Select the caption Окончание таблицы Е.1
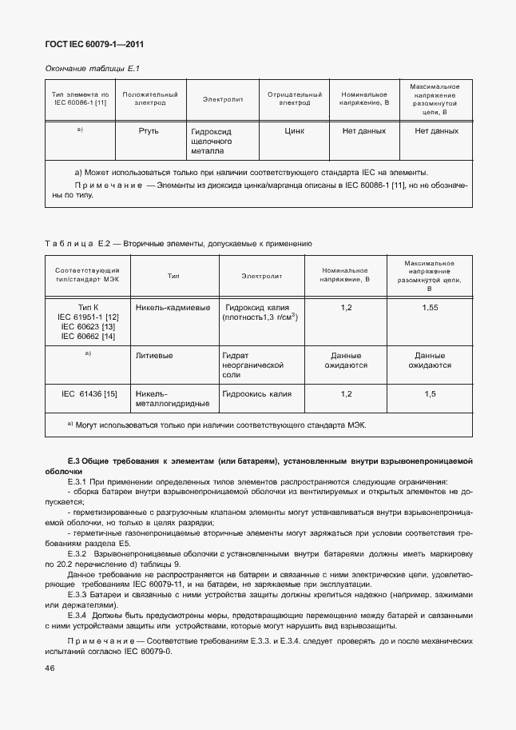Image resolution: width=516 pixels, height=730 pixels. [88, 69]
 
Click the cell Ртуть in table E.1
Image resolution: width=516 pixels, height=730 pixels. [149, 130]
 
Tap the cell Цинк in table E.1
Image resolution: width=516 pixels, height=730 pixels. [294, 130]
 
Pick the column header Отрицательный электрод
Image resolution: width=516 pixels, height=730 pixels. [294, 99]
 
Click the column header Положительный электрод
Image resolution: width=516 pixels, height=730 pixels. [149, 99]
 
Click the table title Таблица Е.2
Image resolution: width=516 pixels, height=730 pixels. [70, 242]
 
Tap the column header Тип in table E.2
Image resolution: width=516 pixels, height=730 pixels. [173, 276]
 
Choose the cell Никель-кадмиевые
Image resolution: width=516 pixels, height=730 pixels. [173, 307]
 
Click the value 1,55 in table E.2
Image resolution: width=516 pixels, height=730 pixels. [430, 307]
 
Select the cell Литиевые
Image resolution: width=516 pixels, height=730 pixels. [155, 355]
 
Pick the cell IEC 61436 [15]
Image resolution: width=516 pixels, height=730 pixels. [89, 394]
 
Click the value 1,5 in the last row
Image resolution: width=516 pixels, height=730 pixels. [430, 394]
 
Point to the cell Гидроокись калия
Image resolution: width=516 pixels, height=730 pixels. [257, 394]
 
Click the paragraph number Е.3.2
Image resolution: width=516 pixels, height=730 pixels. [77, 553]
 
